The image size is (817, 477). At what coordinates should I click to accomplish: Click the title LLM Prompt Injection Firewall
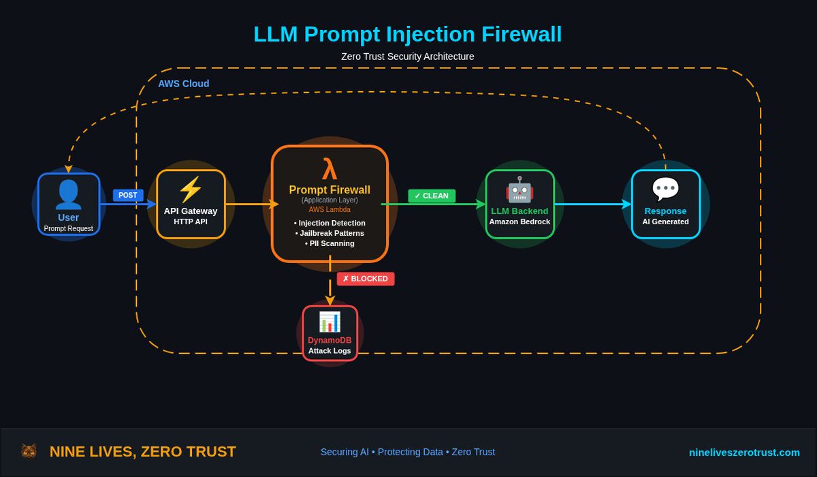tap(407, 34)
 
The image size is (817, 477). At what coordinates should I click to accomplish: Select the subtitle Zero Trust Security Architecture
tap(407, 57)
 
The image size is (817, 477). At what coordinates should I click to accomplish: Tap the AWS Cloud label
tap(184, 84)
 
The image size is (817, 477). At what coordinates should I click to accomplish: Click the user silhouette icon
tap(68, 194)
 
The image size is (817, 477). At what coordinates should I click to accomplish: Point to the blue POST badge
tap(128, 195)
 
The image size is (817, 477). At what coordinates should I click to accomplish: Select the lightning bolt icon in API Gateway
tap(190, 189)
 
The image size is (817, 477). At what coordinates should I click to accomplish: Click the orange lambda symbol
tap(330, 168)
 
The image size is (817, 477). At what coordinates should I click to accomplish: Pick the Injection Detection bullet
tap(330, 223)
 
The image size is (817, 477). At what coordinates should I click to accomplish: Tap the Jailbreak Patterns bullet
tap(330, 233)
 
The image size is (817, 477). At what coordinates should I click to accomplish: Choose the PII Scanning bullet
tap(330, 243)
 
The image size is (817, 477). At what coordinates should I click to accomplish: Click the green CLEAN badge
tap(432, 196)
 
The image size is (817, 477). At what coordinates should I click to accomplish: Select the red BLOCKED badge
tap(366, 279)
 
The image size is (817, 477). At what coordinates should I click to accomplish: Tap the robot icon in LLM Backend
tap(519, 189)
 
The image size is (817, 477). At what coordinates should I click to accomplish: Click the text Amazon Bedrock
tap(519, 221)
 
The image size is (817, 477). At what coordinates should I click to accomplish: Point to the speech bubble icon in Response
tap(665, 189)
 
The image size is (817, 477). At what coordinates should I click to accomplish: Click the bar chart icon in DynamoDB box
tap(330, 322)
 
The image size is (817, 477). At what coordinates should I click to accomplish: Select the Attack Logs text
tap(330, 351)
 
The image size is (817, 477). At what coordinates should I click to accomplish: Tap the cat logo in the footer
tap(29, 451)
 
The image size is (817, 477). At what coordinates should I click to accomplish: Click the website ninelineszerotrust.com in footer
tap(744, 452)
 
